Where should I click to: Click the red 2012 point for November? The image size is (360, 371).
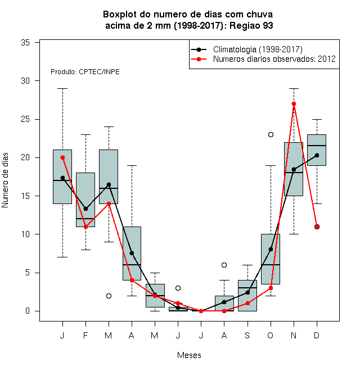pos(294,104)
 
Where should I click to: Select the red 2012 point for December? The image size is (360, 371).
pos(317,227)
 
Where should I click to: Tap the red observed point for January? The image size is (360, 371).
pos(62,157)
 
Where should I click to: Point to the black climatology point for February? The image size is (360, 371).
pos(85,209)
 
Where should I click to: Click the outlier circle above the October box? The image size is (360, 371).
pos(271,135)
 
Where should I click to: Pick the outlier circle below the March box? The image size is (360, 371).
pos(109,296)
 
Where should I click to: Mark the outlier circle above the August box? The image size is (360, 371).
pos(224,265)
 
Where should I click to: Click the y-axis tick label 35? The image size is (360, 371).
pos(25,43)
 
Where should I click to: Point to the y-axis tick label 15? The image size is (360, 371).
pos(25,196)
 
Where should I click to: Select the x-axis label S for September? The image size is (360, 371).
pos(247,335)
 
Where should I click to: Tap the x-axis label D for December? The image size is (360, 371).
pos(317,335)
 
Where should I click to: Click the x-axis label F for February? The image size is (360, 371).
pos(85,335)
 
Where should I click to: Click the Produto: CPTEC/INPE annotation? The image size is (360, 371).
pos(85,72)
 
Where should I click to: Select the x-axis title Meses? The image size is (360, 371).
pos(189,355)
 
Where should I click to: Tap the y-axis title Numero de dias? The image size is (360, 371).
pos(5,180)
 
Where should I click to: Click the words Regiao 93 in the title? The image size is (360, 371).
pos(251,25)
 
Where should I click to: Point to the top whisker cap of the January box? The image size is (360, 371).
pos(62,88)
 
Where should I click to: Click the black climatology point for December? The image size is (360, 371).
pos(317,156)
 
